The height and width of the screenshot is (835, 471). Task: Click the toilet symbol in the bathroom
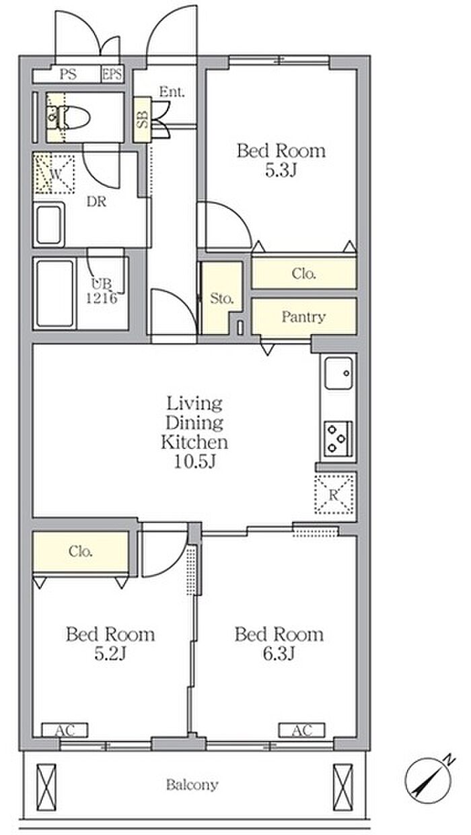pyautogui.click(x=69, y=118)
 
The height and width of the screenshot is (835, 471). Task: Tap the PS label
pyautogui.click(x=69, y=75)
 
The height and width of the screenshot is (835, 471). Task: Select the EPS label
pyautogui.click(x=112, y=74)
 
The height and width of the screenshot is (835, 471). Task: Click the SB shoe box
pyautogui.click(x=143, y=119)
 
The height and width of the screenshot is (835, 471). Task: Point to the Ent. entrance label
pyautogui.click(x=172, y=92)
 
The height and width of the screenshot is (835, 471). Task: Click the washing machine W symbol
pyautogui.click(x=55, y=174)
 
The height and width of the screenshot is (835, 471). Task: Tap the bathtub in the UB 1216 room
pyautogui.click(x=55, y=294)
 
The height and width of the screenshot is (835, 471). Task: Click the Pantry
pyautogui.click(x=304, y=316)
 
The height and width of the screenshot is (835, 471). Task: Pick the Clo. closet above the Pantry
pyautogui.click(x=304, y=273)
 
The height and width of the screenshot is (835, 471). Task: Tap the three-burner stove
pyautogui.click(x=338, y=439)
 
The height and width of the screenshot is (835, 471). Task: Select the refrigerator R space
pyautogui.click(x=334, y=494)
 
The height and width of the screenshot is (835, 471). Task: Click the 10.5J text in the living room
pyautogui.click(x=195, y=462)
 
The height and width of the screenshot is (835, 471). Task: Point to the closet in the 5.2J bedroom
pyautogui.click(x=81, y=551)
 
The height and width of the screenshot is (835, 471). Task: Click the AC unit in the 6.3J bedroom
pyautogui.click(x=301, y=730)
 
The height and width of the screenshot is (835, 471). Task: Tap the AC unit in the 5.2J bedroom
pyautogui.click(x=65, y=730)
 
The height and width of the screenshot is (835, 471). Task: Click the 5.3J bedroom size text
pyautogui.click(x=281, y=170)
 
